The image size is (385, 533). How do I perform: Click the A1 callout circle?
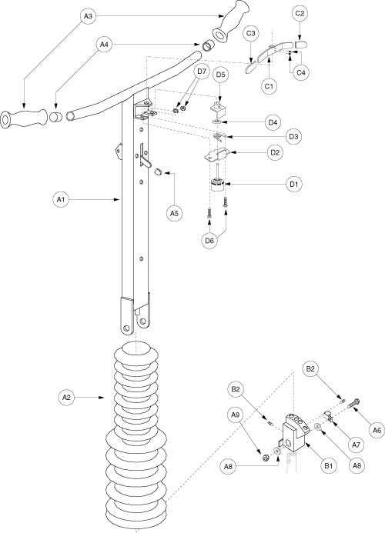(61, 200)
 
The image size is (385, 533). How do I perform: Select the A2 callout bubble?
(66, 397)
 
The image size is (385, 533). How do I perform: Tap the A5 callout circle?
(174, 214)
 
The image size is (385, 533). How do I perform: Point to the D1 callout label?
(294, 185)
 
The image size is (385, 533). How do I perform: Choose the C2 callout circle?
(300, 14)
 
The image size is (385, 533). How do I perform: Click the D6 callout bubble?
(209, 241)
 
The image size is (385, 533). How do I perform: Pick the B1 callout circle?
(328, 465)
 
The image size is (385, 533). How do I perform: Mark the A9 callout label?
(235, 415)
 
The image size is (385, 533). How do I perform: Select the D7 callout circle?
(202, 72)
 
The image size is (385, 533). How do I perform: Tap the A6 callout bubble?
(377, 430)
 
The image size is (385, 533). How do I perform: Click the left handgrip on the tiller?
(23, 119)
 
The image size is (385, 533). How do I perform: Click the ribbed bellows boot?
(136, 435)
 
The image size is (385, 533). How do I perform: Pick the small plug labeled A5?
(158, 172)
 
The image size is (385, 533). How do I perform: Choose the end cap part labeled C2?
(301, 44)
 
